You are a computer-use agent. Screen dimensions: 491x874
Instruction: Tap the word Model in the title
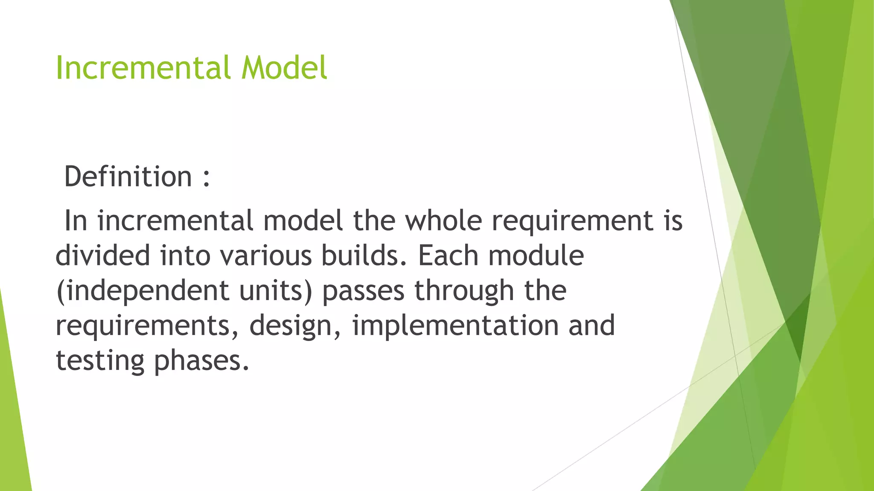(x=284, y=68)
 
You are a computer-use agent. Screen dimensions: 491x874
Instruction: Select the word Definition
(x=128, y=176)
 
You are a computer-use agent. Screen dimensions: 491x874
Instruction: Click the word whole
(x=443, y=221)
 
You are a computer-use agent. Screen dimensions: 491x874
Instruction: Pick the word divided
(x=103, y=256)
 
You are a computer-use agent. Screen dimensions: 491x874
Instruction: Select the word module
(x=536, y=256)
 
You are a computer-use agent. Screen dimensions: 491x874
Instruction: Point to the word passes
(x=363, y=291)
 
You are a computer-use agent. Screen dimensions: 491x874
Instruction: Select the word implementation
(x=455, y=326)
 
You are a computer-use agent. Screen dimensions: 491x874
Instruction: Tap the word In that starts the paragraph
(x=76, y=221)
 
